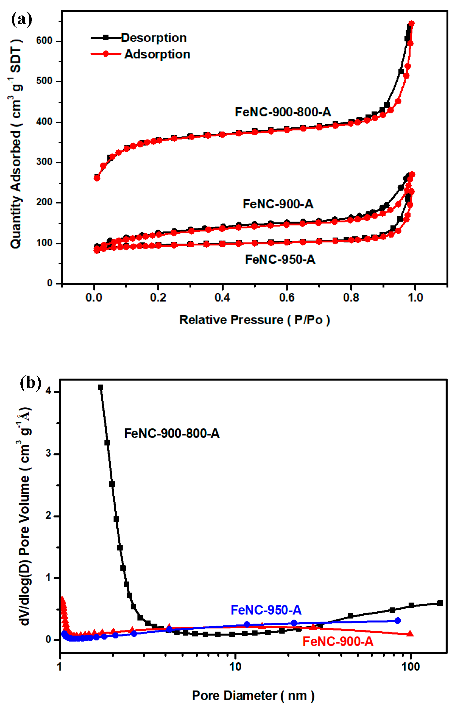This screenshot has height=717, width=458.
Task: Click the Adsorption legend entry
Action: (157, 54)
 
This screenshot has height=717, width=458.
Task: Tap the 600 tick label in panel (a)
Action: (44, 41)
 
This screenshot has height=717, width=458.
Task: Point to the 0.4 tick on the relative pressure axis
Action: (222, 298)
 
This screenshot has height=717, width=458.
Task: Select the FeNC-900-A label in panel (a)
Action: (278, 204)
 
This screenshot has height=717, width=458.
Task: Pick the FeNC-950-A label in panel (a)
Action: (280, 259)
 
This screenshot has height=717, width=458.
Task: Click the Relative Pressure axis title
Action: (254, 320)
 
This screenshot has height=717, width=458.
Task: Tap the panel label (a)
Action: (21, 20)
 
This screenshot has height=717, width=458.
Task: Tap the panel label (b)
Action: (30, 383)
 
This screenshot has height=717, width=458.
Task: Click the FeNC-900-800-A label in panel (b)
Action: (172, 433)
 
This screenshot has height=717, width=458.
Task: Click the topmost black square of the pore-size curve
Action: (101, 387)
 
